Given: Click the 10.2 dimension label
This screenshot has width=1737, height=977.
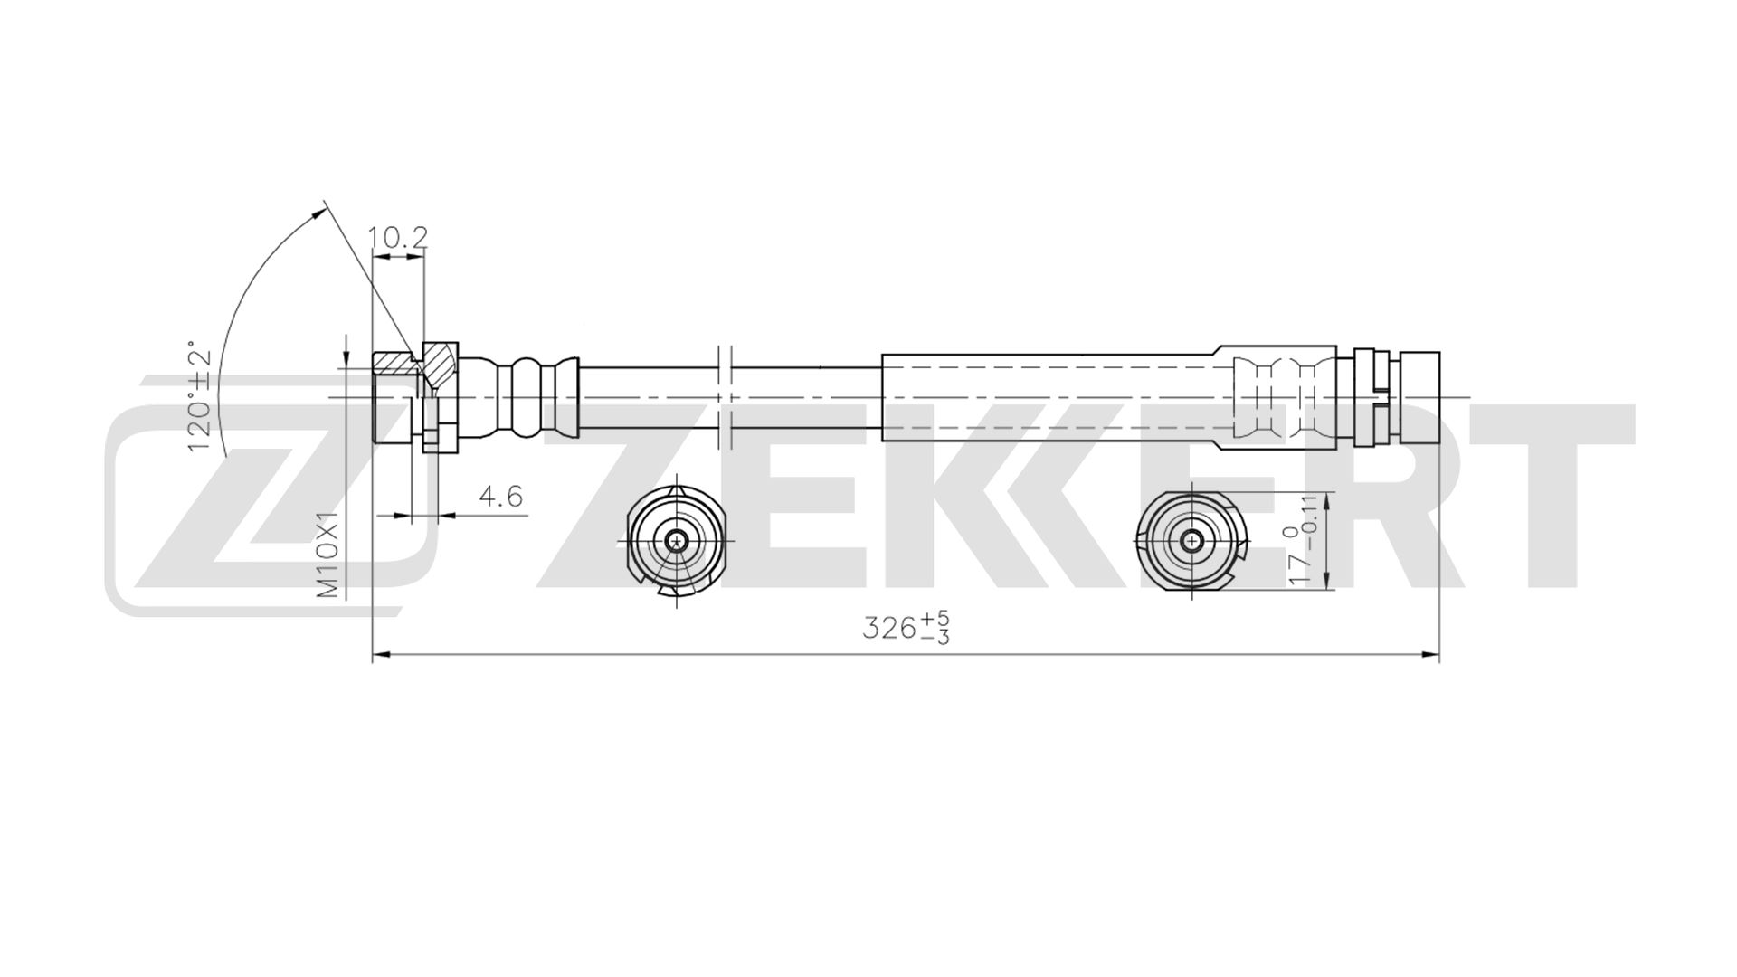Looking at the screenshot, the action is pos(397,238).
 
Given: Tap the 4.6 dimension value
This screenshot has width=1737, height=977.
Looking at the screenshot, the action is pos(500,497).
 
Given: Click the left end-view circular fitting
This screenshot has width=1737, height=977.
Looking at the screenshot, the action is pos(676,541).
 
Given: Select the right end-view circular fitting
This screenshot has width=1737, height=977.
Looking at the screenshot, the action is pos(1192,541).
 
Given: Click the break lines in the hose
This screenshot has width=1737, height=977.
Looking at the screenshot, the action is pos(724,396).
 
